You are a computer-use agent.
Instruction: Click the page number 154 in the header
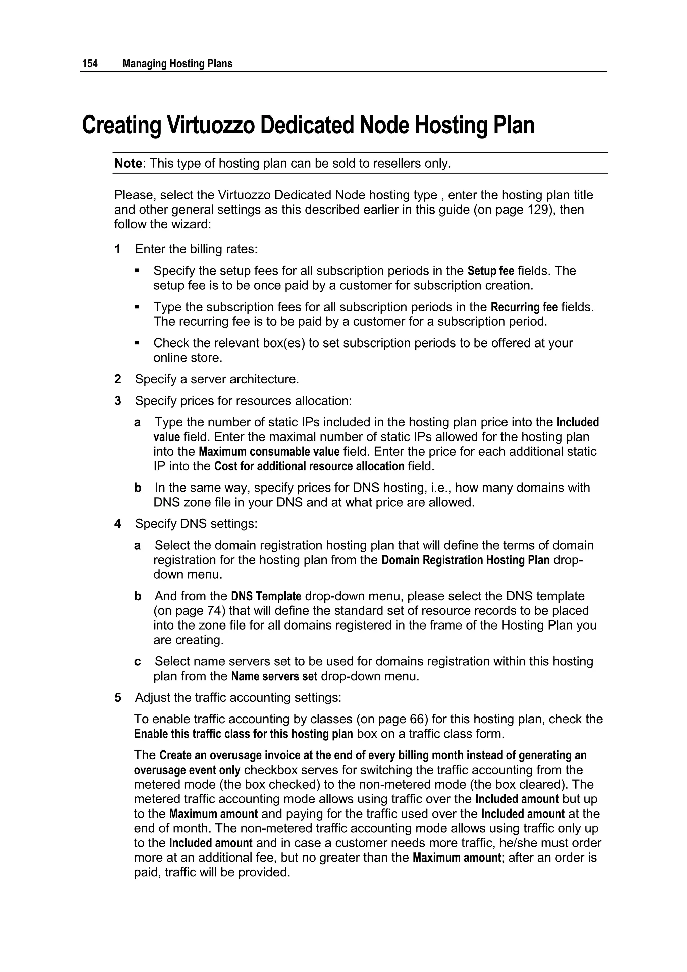pos(90,64)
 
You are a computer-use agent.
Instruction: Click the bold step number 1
pos(118,249)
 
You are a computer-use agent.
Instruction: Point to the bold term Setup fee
pos(491,271)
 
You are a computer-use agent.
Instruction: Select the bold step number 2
pos(118,379)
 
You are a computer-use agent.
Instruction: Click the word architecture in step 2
pos(264,379)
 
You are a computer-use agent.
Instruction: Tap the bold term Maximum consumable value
pos(269,452)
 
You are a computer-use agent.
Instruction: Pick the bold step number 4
pos(118,524)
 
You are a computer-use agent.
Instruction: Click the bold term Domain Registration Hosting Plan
pos(465,560)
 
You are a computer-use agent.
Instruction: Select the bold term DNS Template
pos(266,597)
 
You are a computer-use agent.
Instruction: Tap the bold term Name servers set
pos(274,677)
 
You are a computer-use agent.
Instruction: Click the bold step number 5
pos(118,698)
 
